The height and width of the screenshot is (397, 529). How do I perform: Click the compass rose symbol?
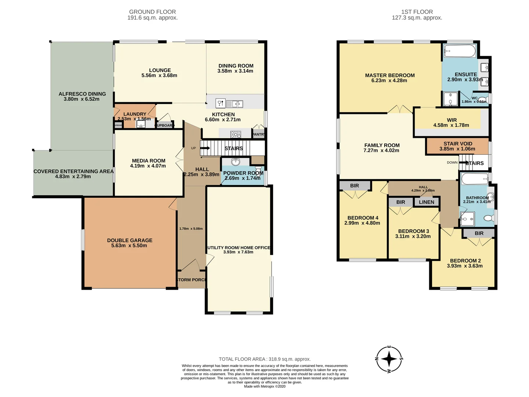click(389, 359)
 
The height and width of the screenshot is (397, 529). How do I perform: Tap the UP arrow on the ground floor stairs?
click(205, 149)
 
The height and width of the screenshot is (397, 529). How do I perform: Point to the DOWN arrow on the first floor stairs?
click(464, 162)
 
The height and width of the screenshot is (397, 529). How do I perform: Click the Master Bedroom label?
click(389, 75)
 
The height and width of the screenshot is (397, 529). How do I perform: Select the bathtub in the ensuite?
click(459, 51)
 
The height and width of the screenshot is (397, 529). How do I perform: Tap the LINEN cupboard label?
click(426, 202)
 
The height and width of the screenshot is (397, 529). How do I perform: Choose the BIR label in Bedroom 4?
click(355, 186)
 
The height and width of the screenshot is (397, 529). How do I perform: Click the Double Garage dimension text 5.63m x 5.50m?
click(129, 246)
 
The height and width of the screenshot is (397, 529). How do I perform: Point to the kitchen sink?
click(234, 104)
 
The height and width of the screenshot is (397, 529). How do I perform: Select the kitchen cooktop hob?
click(235, 134)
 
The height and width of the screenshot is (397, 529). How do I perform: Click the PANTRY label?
click(258, 134)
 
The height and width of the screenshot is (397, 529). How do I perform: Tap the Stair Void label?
click(458, 144)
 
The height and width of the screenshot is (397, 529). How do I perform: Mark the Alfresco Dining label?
click(82, 94)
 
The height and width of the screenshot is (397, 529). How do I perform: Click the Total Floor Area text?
click(264, 359)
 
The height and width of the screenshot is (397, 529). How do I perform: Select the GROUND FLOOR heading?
click(152, 12)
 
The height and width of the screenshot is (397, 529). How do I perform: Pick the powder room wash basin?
click(235, 162)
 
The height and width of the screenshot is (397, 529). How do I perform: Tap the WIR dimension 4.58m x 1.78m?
click(451, 125)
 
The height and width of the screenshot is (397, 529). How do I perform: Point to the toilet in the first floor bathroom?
click(488, 218)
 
